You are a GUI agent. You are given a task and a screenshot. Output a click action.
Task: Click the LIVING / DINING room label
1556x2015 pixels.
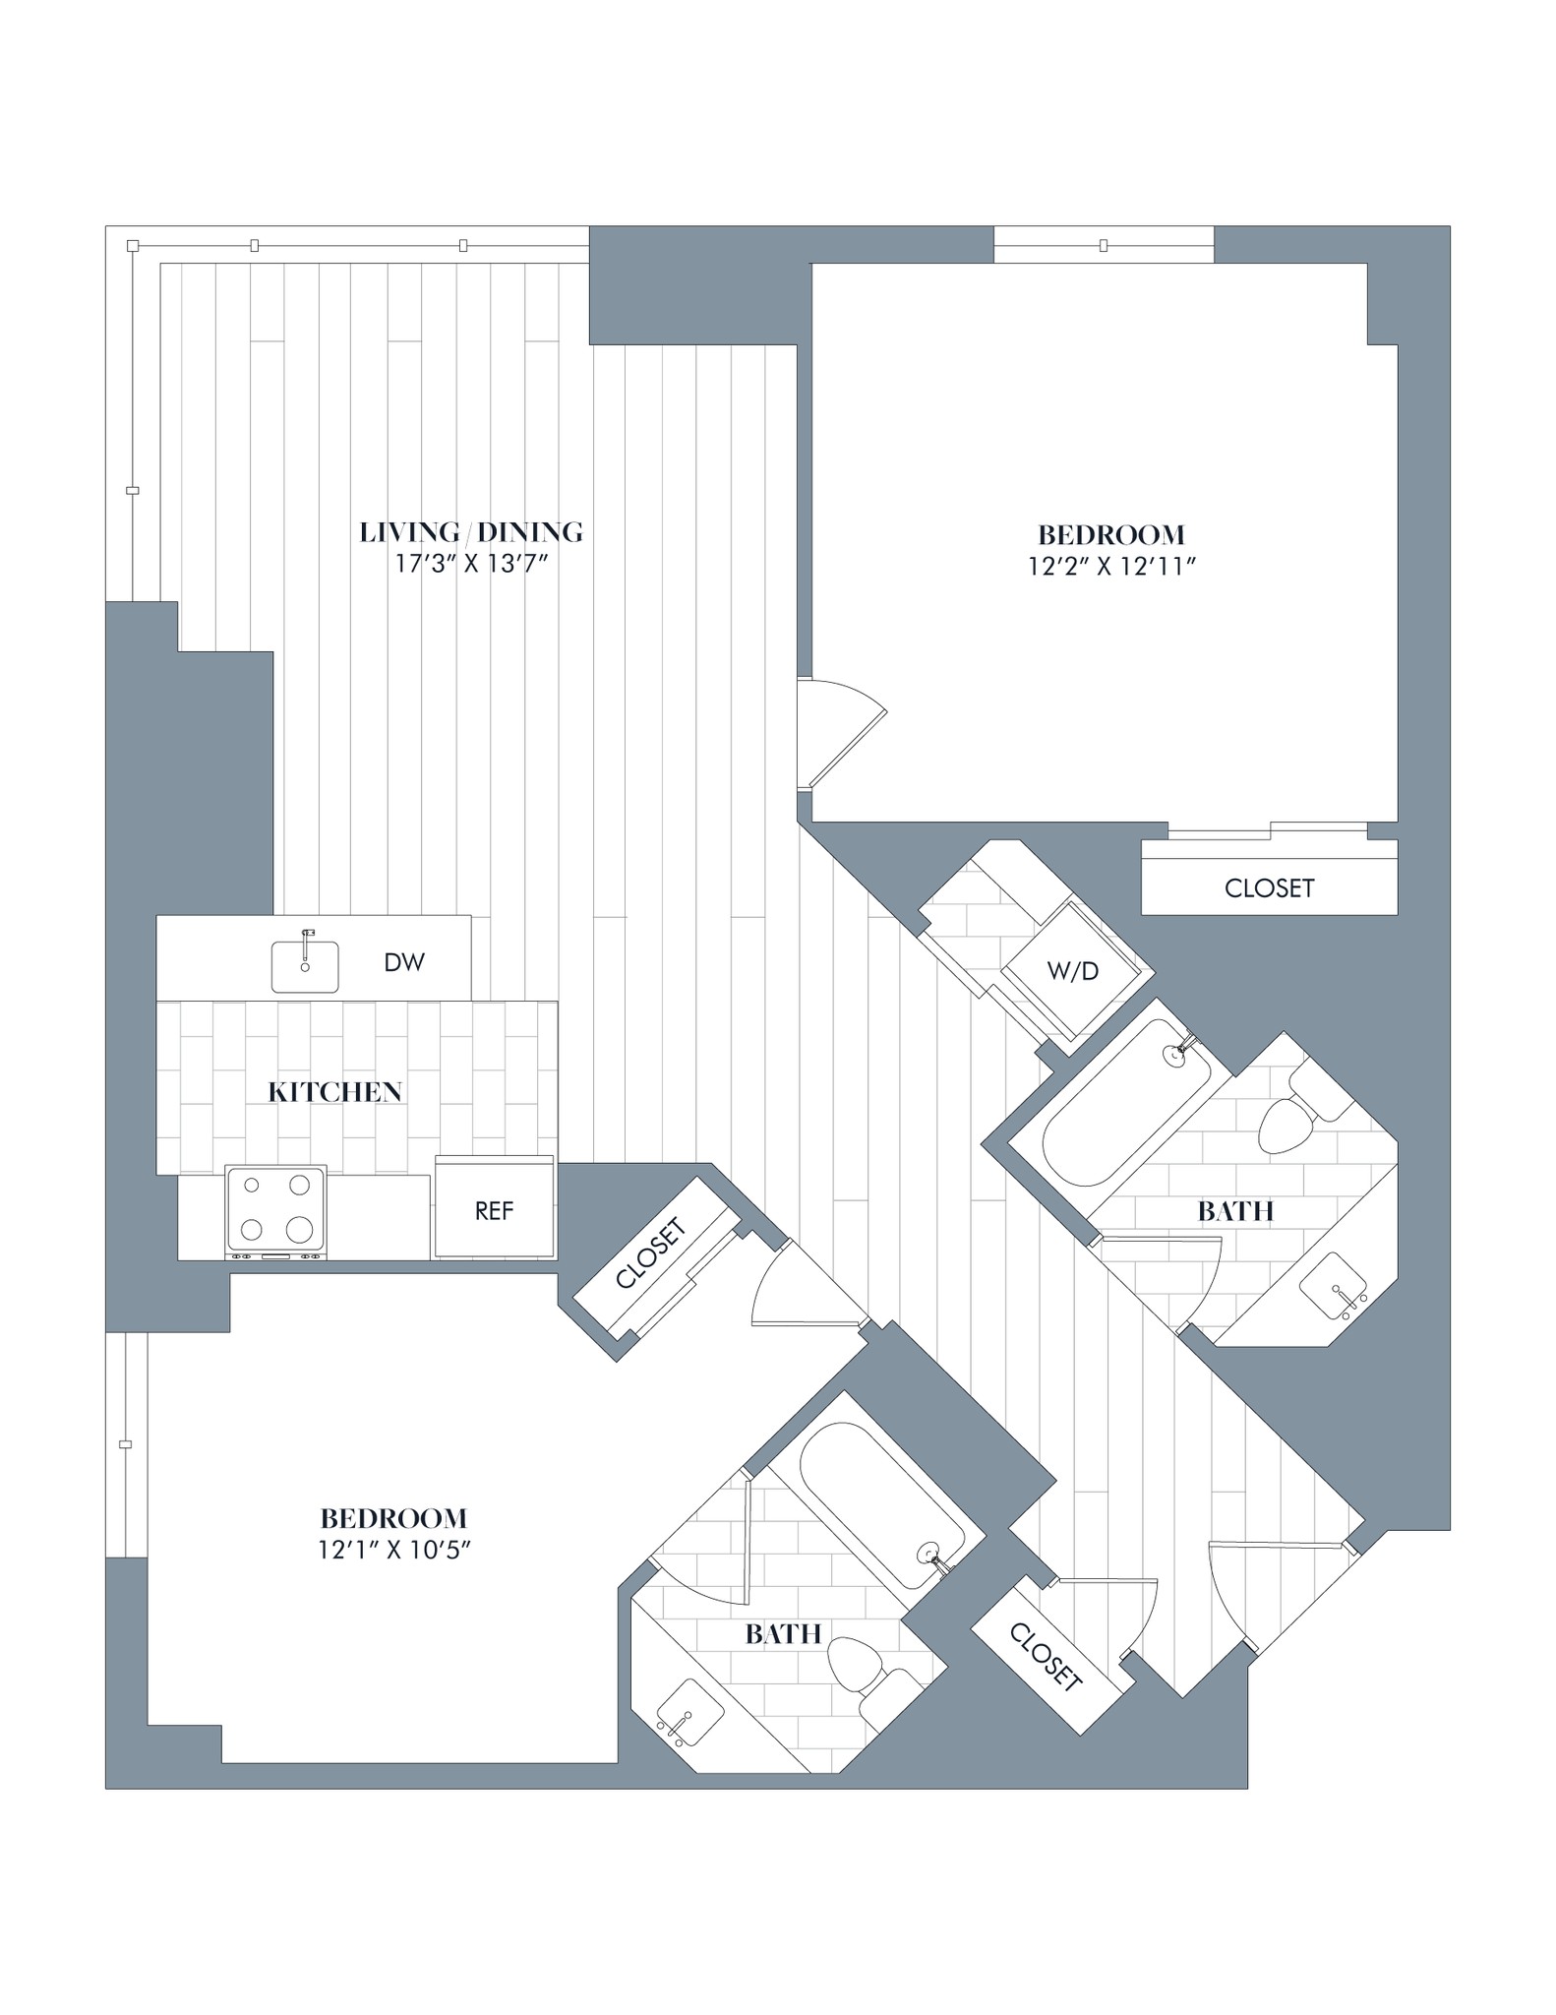coord(471,532)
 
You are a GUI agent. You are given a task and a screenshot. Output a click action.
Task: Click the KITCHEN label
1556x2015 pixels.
coord(335,1091)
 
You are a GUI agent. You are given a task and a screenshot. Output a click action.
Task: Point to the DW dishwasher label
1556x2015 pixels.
coord(404,962)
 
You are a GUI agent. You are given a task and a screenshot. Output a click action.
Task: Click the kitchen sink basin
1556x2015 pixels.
coord(305,966)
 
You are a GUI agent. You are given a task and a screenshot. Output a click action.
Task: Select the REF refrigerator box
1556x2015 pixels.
coord(495,1210)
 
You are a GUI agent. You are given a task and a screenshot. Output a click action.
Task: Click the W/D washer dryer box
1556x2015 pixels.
coord(1073,970)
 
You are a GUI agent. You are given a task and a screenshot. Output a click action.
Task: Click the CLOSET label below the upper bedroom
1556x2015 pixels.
coord(1269,887)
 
